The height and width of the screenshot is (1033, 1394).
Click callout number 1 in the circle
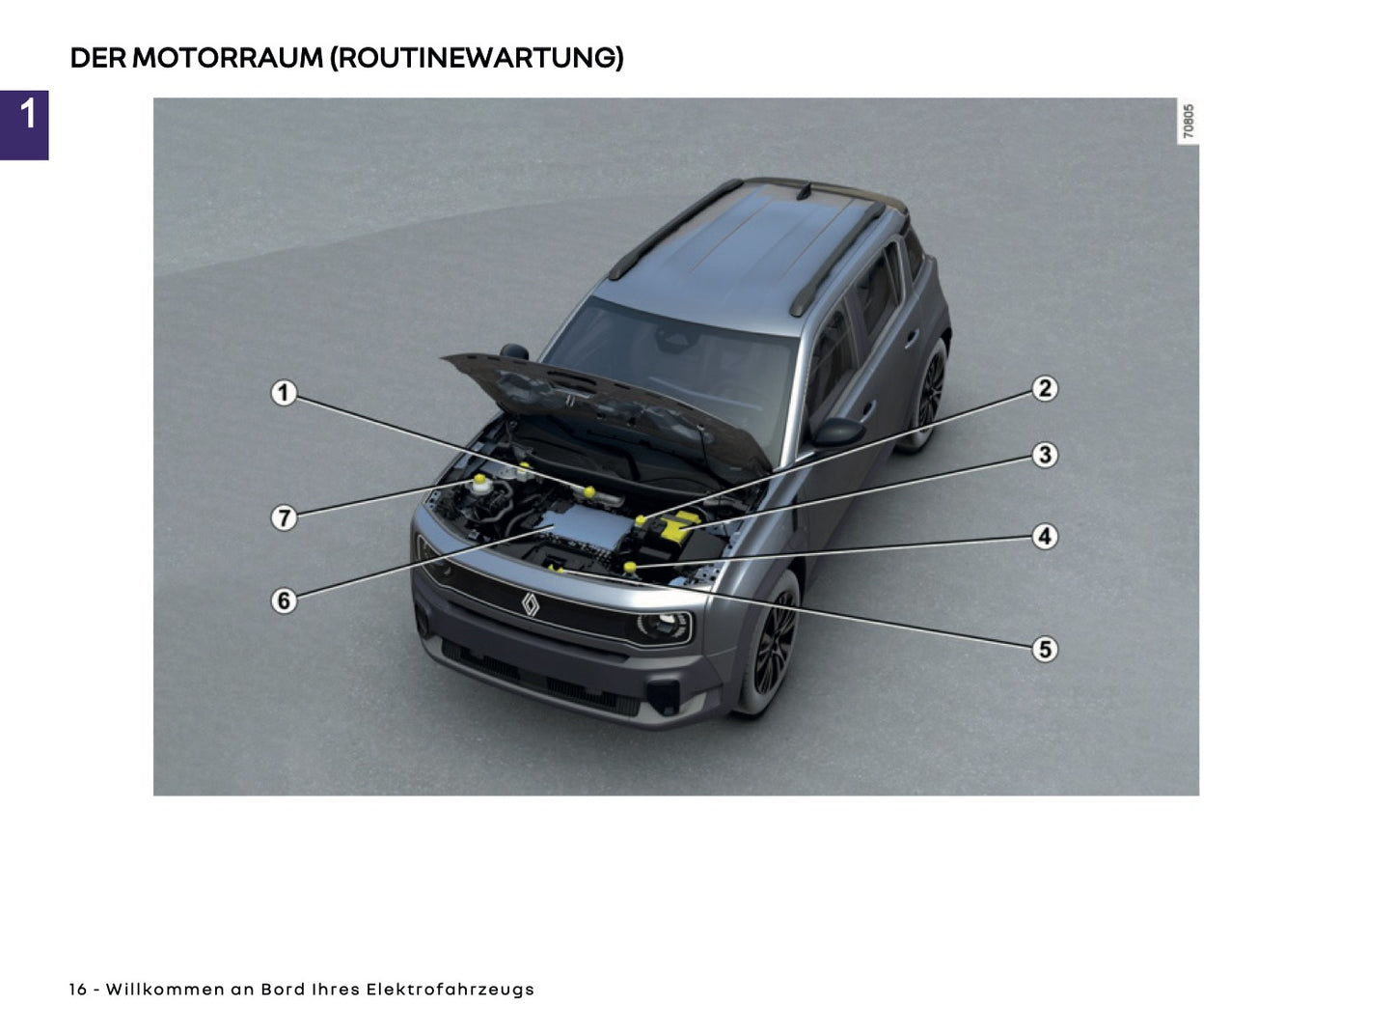pos(283,393)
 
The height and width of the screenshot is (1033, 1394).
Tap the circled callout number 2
pos(1045,389)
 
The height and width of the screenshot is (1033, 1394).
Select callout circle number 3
pos(1045,455)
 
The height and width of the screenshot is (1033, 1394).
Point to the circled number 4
pos(1045,536)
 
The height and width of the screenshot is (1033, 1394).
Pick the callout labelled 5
pos(1045,649)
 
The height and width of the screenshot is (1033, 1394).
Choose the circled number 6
pos(283,600)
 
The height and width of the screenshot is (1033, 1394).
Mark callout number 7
pos(283,517)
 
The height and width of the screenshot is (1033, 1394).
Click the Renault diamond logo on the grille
pos(530,603)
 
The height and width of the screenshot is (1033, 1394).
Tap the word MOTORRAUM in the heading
pos(227,58)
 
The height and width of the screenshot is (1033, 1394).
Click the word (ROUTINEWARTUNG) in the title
pos(477,58)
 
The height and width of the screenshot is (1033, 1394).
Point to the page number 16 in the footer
pos(77,990)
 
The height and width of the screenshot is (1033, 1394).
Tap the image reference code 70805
pos(1189,122)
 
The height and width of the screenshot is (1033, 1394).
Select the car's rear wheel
pos(928,396)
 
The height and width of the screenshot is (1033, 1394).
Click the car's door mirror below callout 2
pos(837,431)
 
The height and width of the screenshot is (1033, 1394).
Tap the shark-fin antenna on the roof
pos(803,190)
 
